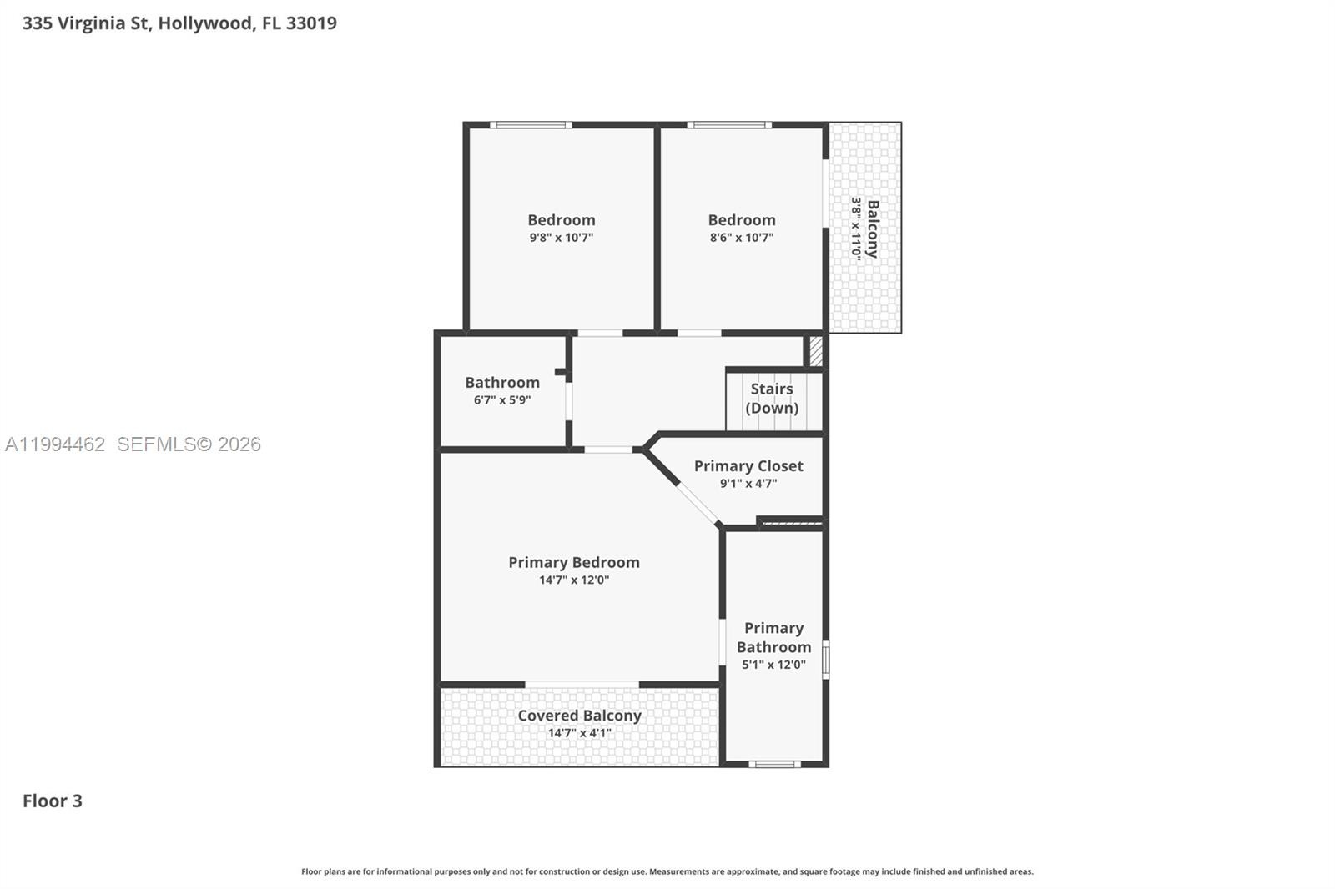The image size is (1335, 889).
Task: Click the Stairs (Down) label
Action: [x=772, y=398]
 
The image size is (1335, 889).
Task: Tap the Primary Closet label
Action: [x=748, y=466]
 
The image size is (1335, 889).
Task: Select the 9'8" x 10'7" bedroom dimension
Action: [x=562, y=237]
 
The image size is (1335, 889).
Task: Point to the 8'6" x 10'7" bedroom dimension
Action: [x=742, y=237]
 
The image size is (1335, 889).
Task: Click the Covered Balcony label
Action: [x=579, y=716]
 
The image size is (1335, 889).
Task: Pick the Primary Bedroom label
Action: [x=574, y=562]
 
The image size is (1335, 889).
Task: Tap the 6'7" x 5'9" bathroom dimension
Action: [x=502, y=399]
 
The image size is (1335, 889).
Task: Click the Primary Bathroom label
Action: [x=773, y=637]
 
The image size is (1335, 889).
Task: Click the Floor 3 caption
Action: [x=53, y=801]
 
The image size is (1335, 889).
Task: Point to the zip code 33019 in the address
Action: [x=311, y=23]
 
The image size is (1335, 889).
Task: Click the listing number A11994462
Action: [x=55, y=444]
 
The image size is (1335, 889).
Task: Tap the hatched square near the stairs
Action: [x=816, y=352]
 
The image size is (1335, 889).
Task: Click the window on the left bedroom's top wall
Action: [x=531, y=124]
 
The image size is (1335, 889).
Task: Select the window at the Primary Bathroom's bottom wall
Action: [x=774, y=764]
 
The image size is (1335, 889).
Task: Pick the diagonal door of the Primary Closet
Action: [x=698, y=504]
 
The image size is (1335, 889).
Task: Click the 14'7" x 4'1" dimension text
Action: [x=579, y=733]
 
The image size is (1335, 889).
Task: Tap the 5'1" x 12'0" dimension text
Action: [x=773, y=665]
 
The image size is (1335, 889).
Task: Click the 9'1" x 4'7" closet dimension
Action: [x=748, y=483]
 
